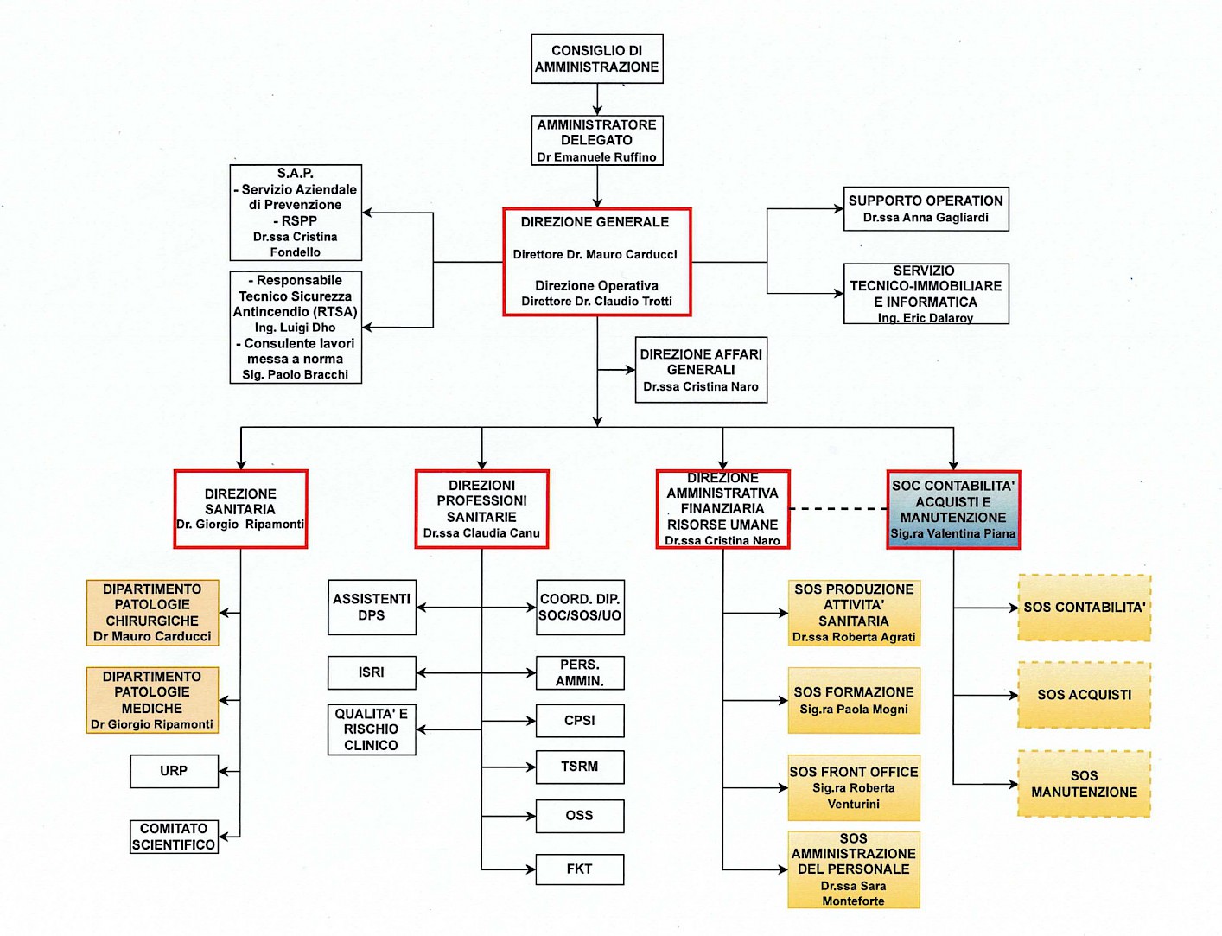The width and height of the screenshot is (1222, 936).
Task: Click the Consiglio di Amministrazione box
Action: (x=596, y=59)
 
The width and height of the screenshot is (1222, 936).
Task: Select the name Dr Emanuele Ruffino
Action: (x=596, y=157)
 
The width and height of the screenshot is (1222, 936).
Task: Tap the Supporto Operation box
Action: (x=926, y=208)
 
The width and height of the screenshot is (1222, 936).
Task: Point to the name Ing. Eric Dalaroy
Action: (x=926, y=318)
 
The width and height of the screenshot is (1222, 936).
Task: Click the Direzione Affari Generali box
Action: (x=701, y=370)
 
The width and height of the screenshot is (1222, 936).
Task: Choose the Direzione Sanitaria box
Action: (x=240, y=509)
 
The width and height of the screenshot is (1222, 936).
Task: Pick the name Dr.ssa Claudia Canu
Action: (x=481, y=533)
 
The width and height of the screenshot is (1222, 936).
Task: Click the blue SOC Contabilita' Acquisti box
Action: (x=953, y=509)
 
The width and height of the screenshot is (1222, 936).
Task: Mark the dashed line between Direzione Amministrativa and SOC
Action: (x=838, y=509)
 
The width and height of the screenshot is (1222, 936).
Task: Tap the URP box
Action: (x=174, y=771)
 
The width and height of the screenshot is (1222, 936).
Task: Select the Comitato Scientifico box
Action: (x=174, y=837)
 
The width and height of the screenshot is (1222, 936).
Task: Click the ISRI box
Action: (x=372, y=672)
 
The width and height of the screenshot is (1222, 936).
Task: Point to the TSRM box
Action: (x=580, y=767)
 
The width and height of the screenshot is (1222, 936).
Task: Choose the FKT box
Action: (x=580, y=869)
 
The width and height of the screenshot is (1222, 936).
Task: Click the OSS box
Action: (x=580, y=816)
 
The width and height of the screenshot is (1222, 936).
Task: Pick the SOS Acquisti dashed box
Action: (x=1084, y=695)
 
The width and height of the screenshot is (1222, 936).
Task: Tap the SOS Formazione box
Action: (x=854, y=700)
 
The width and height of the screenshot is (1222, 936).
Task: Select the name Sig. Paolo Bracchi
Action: (x=296, y=375)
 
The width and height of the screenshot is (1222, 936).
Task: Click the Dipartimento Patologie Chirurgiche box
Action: (x=152, y=613)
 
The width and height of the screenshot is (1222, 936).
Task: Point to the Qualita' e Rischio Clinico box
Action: (x=372, y=729)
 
